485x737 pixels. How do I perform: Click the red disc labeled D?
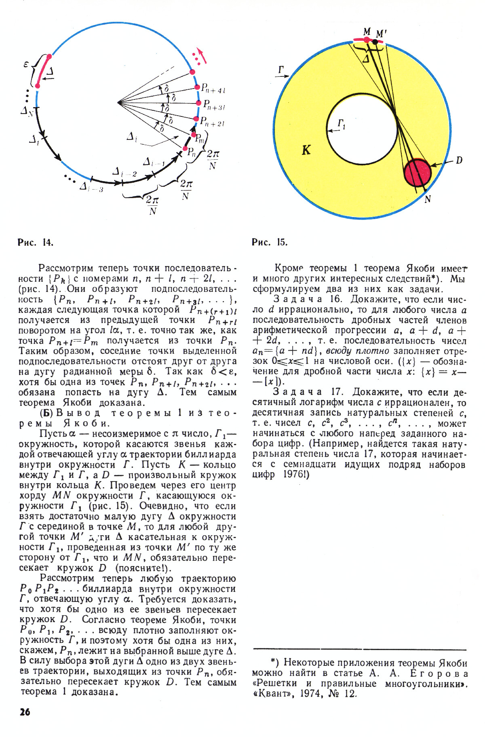pyautogui.click(x=418, y=172)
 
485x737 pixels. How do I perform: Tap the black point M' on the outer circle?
pyautogui.click(x=375, y=42)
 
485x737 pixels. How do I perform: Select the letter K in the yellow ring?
pyautogui.click(x=306, y=150)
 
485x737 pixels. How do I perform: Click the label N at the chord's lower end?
pyautogui.click(x=428, y=199)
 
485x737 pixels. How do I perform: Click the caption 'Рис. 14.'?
pyautogui.click(x=36, y=242)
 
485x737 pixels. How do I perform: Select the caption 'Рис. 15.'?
pyautogui.click(x=270, y=242)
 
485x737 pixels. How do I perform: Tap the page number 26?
pyautogui.click(x=25, y=712)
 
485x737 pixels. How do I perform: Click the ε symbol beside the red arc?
pyautogui.click(x=26, y=64)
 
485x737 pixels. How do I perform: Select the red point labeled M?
pyautogui.click(x=367, y=40)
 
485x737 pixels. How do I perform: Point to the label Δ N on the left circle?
pyautogui.click(x=27, y=110)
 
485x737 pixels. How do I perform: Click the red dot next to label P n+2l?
pyautogui.click(x=196, y=119)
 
